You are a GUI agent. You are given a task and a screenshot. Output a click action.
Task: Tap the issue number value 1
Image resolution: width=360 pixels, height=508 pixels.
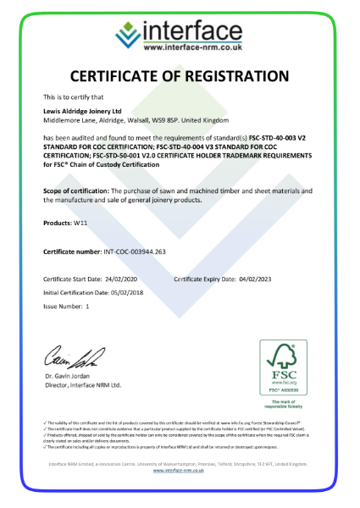88,306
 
